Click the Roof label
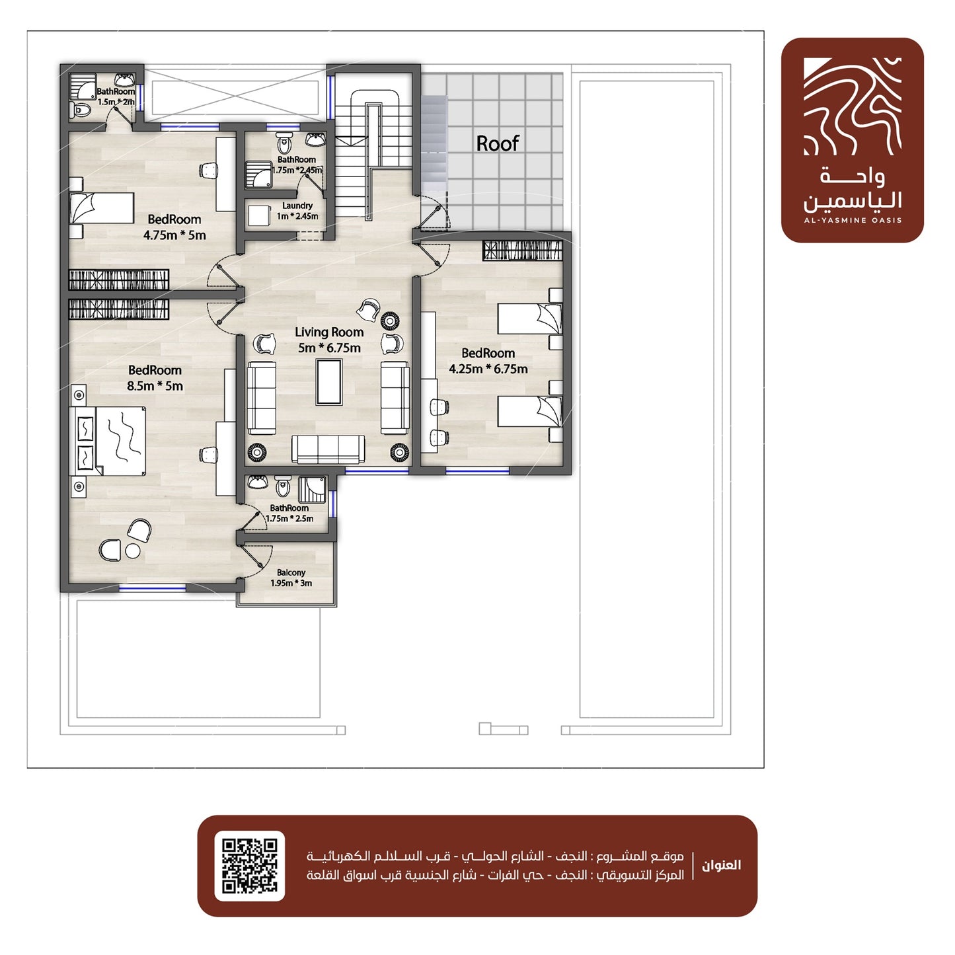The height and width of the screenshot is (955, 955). tap(497, 143)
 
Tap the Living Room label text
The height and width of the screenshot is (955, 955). tap(329, 332)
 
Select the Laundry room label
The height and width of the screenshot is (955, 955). tap(297, 205)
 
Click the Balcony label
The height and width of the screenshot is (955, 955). tap(291, 572)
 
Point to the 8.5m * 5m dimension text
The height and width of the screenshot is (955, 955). tap(155, 385)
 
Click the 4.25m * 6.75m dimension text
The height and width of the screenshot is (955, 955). tap(488, 369)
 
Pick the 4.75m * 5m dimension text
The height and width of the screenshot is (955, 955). tap(174, 235)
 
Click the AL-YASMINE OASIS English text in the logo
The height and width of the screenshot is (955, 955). tap(853, 220)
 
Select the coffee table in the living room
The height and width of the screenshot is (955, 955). tap(329, 381)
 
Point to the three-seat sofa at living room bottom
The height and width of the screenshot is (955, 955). tap(328, 449)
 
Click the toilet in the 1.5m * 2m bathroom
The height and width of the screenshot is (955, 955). tap(80, 109)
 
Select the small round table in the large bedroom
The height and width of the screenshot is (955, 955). tap(133, 551)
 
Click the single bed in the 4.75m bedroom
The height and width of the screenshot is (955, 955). tap(102, 208)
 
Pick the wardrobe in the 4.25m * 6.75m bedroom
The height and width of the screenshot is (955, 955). tap(522, 250)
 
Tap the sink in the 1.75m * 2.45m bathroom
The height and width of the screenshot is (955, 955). tap(315, 139)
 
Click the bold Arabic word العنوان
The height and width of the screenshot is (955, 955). tap(721, 865)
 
